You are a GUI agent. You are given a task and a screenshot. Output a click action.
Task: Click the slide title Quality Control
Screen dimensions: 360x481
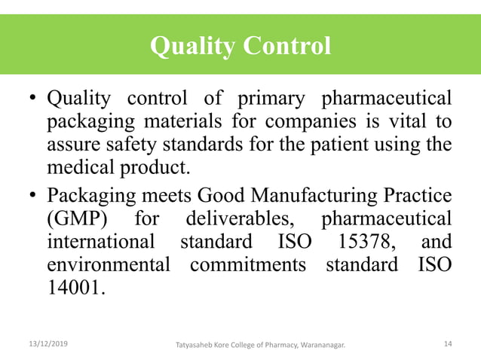click(240, 47)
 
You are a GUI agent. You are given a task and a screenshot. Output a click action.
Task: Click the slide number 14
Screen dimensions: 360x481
click(448, 344)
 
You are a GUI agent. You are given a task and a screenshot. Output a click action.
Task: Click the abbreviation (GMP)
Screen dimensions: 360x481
click(76, 219)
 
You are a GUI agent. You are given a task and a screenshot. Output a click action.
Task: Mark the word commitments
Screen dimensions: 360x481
click(253, 266)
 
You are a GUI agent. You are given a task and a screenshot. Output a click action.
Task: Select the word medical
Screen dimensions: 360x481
click(84, 166)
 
